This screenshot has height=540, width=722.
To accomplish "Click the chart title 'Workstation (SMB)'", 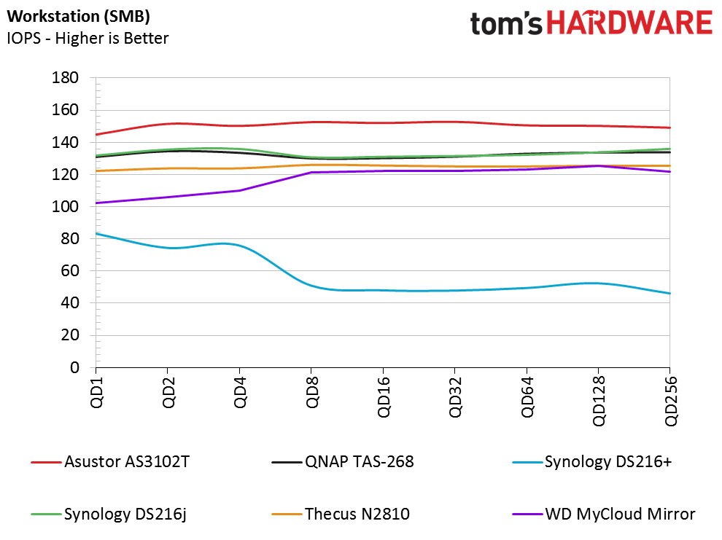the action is click(x=78, y=16).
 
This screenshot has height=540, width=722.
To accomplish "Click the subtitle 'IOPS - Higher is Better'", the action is click(x=88, y=38).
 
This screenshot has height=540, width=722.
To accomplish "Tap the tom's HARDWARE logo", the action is click(x=591, y=23).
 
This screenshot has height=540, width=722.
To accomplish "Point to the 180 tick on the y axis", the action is click(x=65, y=78).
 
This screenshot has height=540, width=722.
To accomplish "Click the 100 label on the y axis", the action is click(x=65, y=206).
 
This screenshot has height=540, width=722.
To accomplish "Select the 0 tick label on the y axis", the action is click(x=74, y=367).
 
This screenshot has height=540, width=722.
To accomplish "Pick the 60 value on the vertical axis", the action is click(x=69, y=271).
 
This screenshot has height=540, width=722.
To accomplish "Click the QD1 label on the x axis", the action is click(x=97, y=392).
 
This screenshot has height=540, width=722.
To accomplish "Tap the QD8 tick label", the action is click(x=312, y=392).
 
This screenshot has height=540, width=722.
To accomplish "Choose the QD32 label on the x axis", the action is click(x=455, y=397).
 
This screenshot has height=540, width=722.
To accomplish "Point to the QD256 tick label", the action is click(x=671, y=401).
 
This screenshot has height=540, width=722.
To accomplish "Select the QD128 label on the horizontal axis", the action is click(x=599, y=401).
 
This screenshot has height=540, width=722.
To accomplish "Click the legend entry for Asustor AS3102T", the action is click(x=110, y=462).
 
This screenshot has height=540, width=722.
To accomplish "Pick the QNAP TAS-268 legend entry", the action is click(x=343, y=462).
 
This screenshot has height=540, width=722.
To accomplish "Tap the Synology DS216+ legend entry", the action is click(x=592, y=462).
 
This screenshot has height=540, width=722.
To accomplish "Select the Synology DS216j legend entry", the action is click(x=109, y=514).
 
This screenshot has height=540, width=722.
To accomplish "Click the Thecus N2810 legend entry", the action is click(x=341, y=514).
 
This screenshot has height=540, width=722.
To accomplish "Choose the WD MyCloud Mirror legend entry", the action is click(x=604, y=514).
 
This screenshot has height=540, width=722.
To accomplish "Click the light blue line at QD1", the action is click(x=96, y=234).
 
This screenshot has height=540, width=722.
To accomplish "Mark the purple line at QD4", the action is click(x=240, y=190).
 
